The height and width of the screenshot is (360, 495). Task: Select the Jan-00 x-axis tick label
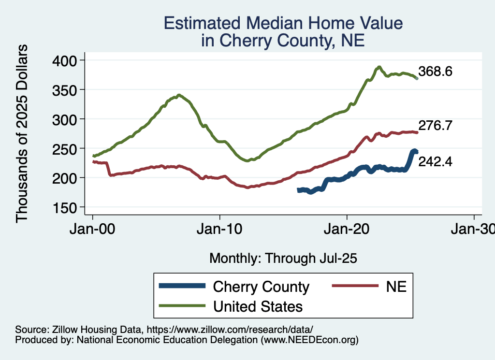pos(93,230)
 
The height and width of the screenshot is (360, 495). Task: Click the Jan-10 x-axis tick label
pos(220,230)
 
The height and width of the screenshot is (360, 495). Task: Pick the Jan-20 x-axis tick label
pos(347,230)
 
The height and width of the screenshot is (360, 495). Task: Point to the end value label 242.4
pos(436,162)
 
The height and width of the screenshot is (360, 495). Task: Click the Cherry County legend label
pos(261,287)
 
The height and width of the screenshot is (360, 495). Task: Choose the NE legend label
pos(396,287)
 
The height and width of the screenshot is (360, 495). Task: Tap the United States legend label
pos(258,306)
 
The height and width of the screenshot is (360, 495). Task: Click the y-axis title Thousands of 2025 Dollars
pos(23,133)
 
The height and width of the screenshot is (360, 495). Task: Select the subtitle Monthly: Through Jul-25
pos(283,259)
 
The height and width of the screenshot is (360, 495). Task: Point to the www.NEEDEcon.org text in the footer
pos(309,340)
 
